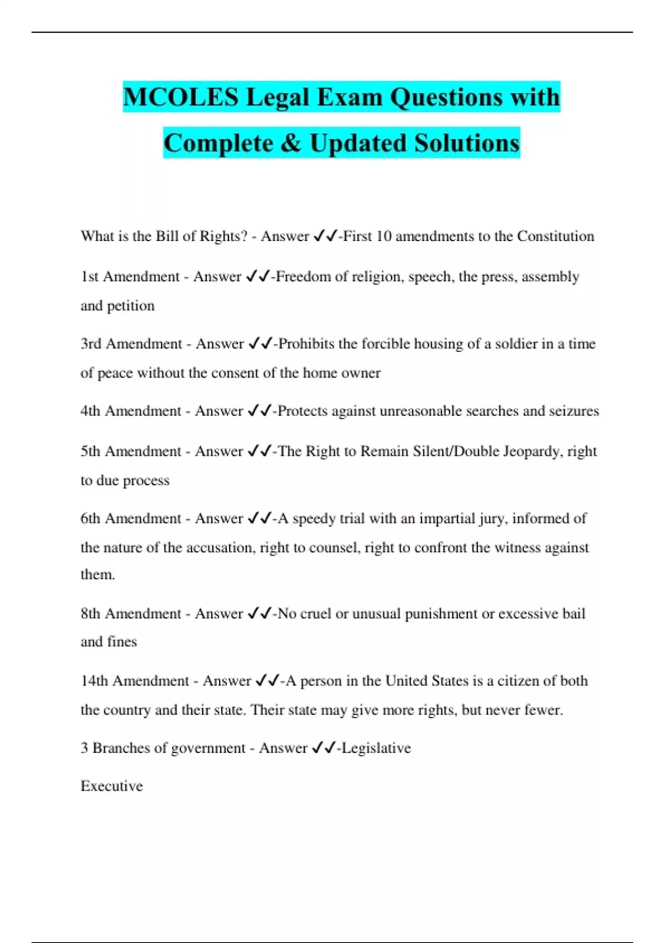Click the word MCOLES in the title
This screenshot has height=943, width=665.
coord(181,97)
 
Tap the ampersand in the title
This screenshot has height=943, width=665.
coord(291,143)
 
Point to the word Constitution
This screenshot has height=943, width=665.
coord(555,236)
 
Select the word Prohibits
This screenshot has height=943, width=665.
coord(306,344)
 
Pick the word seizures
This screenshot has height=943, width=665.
coord(574,411)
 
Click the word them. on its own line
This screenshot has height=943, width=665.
coord(98,575)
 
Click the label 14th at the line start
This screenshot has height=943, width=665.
coord(94,681)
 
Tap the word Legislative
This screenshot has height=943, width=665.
coord(376,748)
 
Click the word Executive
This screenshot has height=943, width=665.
coord(111,786)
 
